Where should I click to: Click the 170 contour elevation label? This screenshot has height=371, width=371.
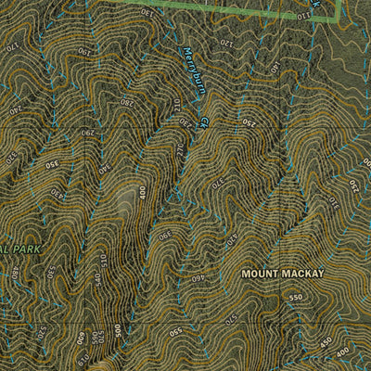click(12, 45)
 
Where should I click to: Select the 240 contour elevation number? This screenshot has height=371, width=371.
click(15, 109)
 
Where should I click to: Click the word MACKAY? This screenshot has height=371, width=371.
click(303, 275)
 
